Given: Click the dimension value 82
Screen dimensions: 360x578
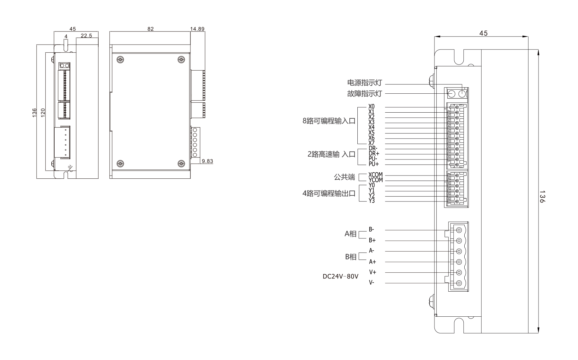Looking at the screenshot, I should coord(150,29).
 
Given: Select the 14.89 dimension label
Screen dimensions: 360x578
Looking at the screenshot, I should coord(197,29).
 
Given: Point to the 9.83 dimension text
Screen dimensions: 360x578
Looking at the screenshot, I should coord(207,161).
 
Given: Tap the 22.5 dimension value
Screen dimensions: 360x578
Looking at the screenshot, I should coord(86,36).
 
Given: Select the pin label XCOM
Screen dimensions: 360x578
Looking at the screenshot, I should coord(375,175).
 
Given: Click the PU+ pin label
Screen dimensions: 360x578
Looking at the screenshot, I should coord(373,164).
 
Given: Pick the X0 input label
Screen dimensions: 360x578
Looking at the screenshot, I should coord(371,107).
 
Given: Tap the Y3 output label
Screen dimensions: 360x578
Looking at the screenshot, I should coord(372,201).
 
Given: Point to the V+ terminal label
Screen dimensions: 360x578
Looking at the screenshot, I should coord(372,272).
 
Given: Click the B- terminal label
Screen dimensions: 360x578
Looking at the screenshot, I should coord(371,229).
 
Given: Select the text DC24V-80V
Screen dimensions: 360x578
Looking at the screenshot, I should coord(340,276).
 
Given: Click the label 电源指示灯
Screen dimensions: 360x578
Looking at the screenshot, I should coord(364,83).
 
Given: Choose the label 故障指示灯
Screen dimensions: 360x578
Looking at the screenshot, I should coord(364,94).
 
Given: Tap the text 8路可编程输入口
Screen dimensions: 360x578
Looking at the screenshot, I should coord(329,121).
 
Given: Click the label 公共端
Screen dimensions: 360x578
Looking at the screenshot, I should coord(344,177).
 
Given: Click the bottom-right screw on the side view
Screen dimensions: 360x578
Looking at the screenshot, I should coord(181,164).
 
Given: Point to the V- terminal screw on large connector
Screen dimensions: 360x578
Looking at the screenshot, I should coord(459,283).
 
